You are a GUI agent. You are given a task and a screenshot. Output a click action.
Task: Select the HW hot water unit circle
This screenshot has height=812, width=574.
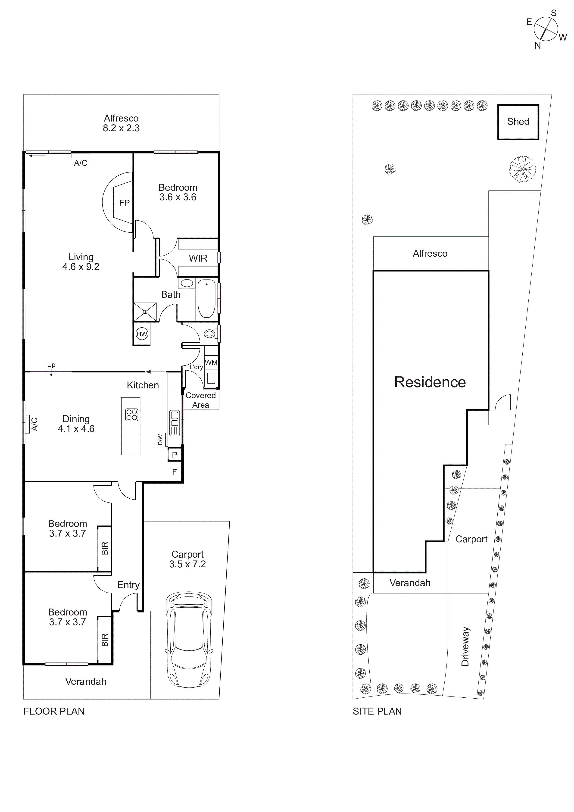[x=142, y=334]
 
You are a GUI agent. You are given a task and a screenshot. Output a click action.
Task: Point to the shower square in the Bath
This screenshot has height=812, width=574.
[x=145, y=312]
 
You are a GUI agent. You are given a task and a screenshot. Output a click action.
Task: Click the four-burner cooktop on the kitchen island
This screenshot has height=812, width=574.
[x=131, y=415]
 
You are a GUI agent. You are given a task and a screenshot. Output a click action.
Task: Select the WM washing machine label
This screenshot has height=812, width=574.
[x=211, y=362]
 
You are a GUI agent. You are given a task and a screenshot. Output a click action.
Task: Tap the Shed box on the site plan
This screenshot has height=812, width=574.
[x=518, y=122]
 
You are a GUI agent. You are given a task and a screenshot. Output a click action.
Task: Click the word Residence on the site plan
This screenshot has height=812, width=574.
[x=430, y=382]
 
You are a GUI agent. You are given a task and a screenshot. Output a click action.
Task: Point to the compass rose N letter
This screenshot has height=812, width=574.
[x=538, y=46]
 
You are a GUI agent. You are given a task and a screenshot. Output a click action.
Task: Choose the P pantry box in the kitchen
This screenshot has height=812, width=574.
[x=174, y=455]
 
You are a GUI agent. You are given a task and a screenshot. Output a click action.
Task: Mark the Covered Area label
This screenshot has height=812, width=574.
[x=200, y=400]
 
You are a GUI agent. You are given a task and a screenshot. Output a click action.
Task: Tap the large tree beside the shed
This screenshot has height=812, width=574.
[x=522, y=169]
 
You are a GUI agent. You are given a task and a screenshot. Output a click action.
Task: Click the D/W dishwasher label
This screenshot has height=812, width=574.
[x=160, y=440]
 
